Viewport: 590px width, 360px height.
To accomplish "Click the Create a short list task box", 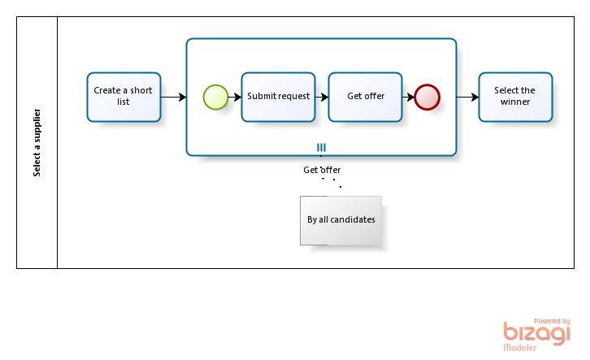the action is coord(124,97).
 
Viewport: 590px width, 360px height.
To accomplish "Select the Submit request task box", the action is coord(279,97).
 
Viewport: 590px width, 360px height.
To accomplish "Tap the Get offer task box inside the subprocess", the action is coord(366,97).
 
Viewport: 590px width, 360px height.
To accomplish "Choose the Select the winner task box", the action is coord(515,97).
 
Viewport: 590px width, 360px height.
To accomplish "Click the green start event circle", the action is coord(215,97).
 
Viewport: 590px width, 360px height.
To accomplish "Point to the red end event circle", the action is coord(427,97).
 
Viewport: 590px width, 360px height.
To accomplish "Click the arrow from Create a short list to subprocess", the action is coord(173,97).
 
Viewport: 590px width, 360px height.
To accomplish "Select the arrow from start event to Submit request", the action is coord(235,97).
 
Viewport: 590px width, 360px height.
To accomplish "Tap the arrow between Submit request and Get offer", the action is coord(322,97).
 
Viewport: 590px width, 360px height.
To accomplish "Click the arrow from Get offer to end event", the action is coord(408,97).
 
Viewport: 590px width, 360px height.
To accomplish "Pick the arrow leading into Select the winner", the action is coord(468,97).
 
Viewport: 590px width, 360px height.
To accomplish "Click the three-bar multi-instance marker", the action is coord(321,147).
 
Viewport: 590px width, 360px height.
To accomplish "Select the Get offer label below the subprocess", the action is coord(322,170).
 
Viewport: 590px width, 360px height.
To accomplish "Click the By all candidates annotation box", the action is coord(341,220).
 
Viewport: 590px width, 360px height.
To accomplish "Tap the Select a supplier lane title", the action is coord(37,142).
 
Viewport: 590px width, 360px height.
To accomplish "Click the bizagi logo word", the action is coord(537,333).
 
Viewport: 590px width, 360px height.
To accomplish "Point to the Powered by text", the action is coord(552,321).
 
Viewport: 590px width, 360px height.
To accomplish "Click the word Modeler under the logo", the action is coord(520,348).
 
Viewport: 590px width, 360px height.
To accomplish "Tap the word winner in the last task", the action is coord(515,102).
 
